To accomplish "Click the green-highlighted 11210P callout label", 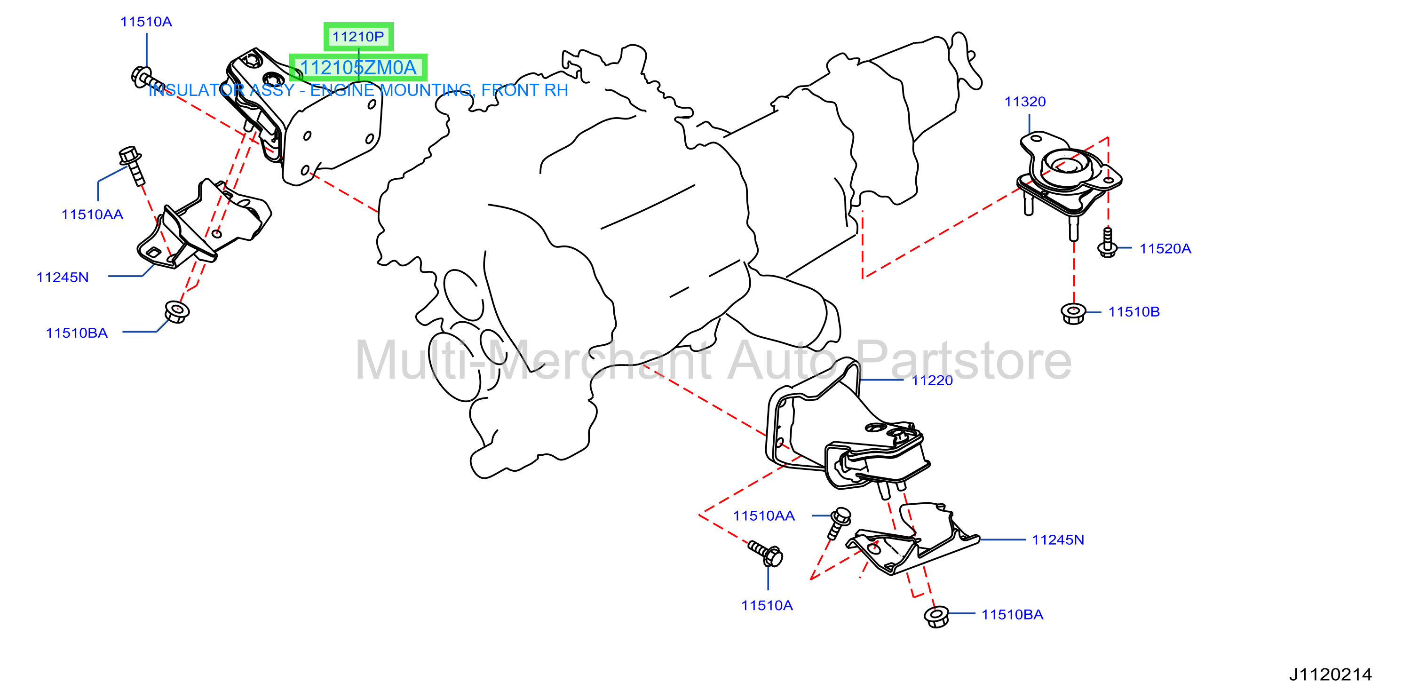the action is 358,37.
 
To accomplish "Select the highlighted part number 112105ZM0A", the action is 358,68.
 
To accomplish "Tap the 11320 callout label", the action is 1025,102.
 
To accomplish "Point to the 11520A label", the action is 1165,248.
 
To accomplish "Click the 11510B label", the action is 1134,311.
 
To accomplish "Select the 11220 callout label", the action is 932,380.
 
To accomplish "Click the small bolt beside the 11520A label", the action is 1107,243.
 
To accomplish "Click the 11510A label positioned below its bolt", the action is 767,605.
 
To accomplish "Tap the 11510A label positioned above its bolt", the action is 146,22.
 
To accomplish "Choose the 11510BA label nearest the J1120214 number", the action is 1012,614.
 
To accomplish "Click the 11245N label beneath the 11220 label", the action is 1057,539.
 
